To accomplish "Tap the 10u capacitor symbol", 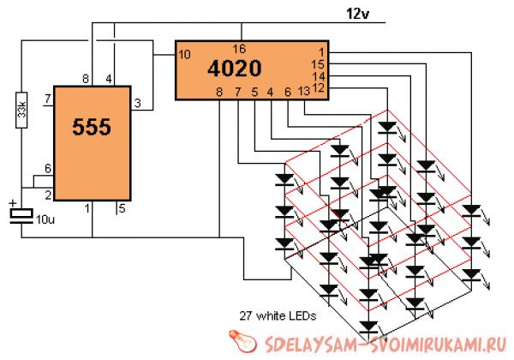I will point(20,215).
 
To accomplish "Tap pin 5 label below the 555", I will point(122,206).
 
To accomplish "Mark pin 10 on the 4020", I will point(184,54).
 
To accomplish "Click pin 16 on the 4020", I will point(241,48).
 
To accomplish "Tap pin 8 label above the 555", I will point(86,79).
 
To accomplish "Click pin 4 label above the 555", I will point(109,79).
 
